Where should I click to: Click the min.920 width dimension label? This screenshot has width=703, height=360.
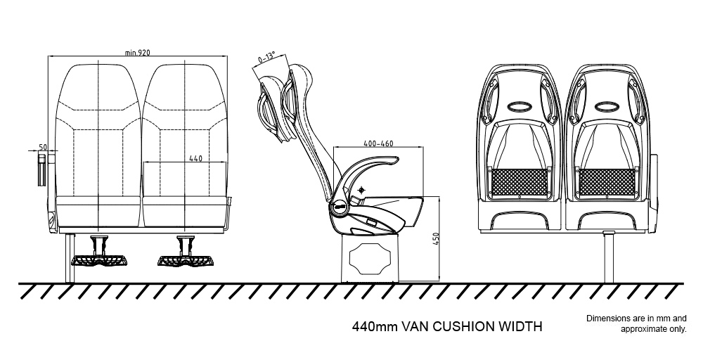(x=138, y=53)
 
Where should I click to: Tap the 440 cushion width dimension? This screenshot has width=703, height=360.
(x=196, y=158)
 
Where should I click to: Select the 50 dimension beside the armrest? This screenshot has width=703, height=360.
(x=43, y=146)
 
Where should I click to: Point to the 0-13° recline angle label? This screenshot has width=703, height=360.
(x=266, y=56)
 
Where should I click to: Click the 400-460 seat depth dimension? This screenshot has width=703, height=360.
(x=378, y=143)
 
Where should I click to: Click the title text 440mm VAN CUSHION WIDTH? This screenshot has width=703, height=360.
(x=446, y=327)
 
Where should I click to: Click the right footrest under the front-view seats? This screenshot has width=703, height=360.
(x=184, y=258)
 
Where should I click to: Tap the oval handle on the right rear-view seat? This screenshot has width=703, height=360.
(x=607, y=108)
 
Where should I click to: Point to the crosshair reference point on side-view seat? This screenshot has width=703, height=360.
(x=361, y=191)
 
